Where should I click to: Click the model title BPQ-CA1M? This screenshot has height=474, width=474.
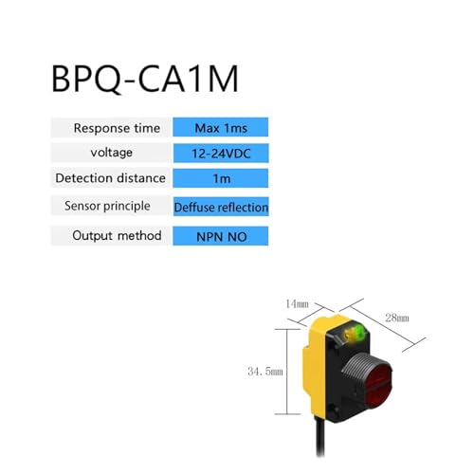click(x=145, y=79)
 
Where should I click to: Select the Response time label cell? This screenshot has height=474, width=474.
click(x=111, y=128)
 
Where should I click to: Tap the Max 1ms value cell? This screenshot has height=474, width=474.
click(x=221, y=127)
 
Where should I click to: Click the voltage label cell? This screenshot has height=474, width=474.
click(x=111, y=153)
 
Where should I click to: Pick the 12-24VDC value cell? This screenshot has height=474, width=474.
click(x=221, y=154)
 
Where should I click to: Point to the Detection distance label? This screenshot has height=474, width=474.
click(x=110, y=178)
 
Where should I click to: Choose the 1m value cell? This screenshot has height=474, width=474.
click(x=221, y=178)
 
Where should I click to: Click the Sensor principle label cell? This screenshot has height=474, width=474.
click(x=111, y=206)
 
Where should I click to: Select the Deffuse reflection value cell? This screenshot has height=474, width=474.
click(x=221, y=207)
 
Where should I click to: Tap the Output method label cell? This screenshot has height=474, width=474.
click(x=111, y=236)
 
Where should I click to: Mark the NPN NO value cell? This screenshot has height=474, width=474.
click(x=221, y=236)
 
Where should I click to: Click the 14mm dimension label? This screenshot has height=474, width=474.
click(x=297, y=304)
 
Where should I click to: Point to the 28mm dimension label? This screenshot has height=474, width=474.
click(x=397, y=318)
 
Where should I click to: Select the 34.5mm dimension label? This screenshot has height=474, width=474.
click(x=265, y=372)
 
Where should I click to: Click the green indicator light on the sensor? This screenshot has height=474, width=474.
click(x=359, y=332)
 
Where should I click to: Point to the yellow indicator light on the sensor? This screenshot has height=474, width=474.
click(x=350, y=334)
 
